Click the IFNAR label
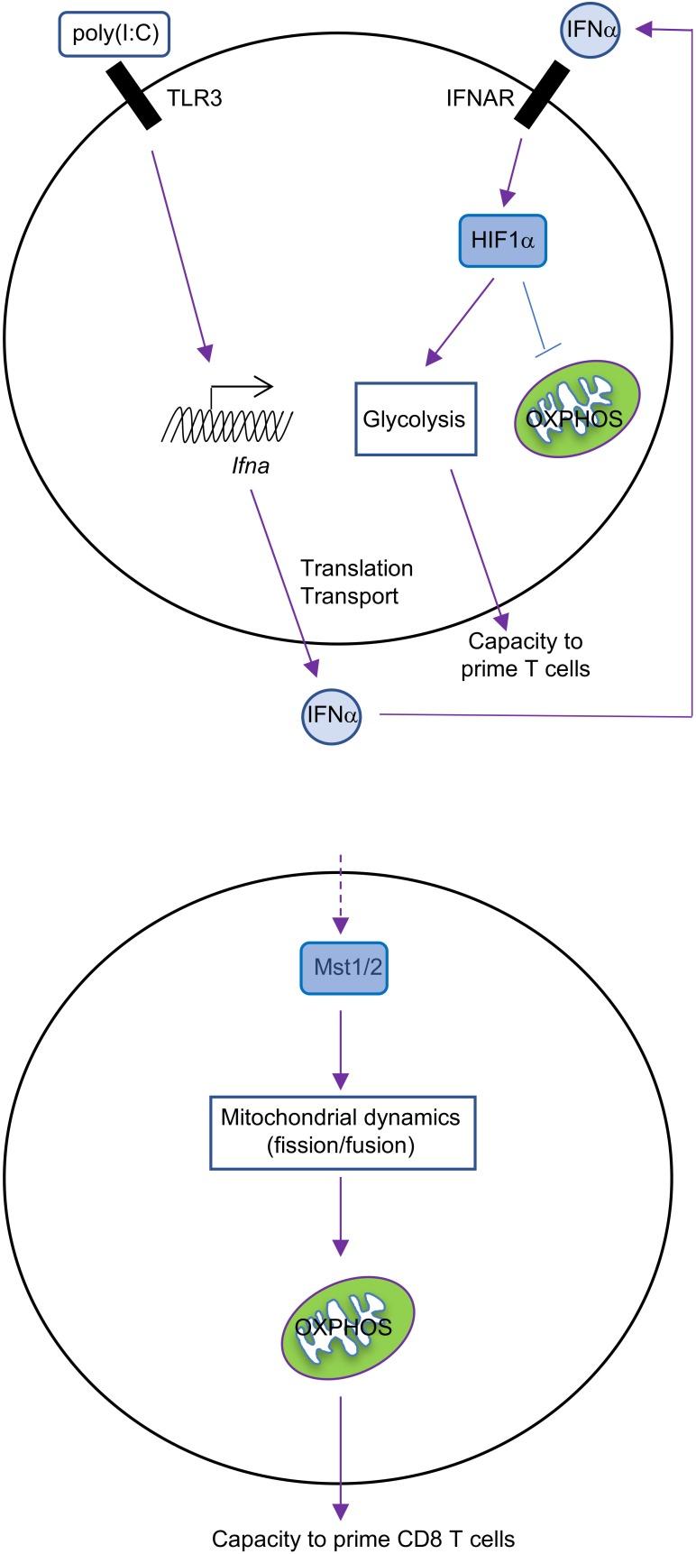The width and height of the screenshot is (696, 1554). point(478,97)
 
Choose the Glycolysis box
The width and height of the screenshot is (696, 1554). point(414,419)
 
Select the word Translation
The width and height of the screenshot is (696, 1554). point(356,568)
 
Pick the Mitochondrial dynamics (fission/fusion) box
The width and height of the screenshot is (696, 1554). point(342,1130)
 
